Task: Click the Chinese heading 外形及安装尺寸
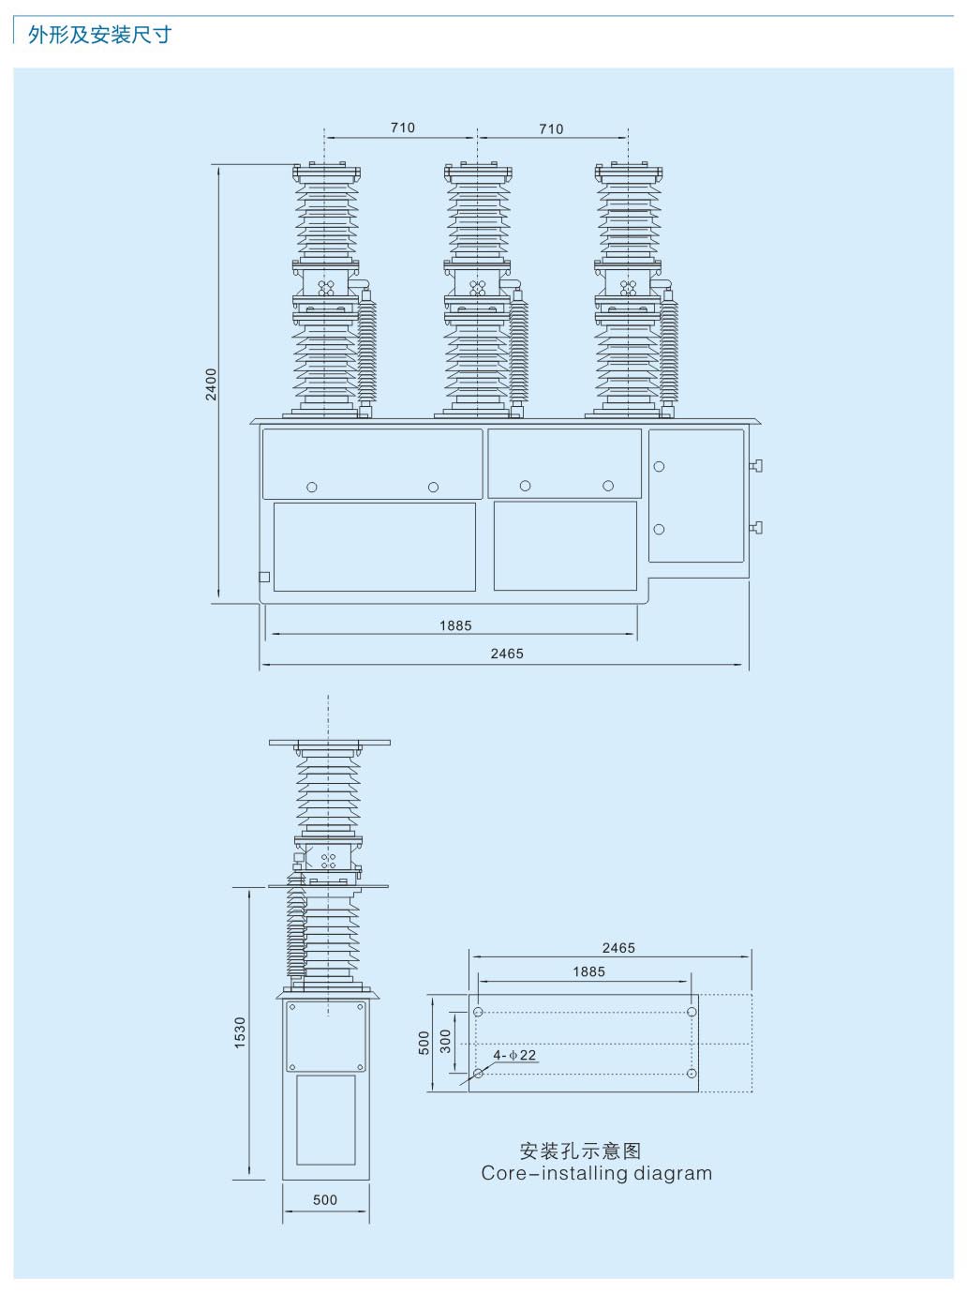pos(100,36)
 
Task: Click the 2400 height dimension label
pos(211,384)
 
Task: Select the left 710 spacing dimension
pos(403,128)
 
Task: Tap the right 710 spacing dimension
pos(551,128)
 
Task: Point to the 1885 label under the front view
pos(455,625)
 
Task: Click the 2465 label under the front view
pos(507,654)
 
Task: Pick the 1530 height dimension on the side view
pos(240,1031)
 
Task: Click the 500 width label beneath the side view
pos(325,1199)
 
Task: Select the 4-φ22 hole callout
pos(514,1055)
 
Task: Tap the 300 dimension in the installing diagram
pos(445,1041)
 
